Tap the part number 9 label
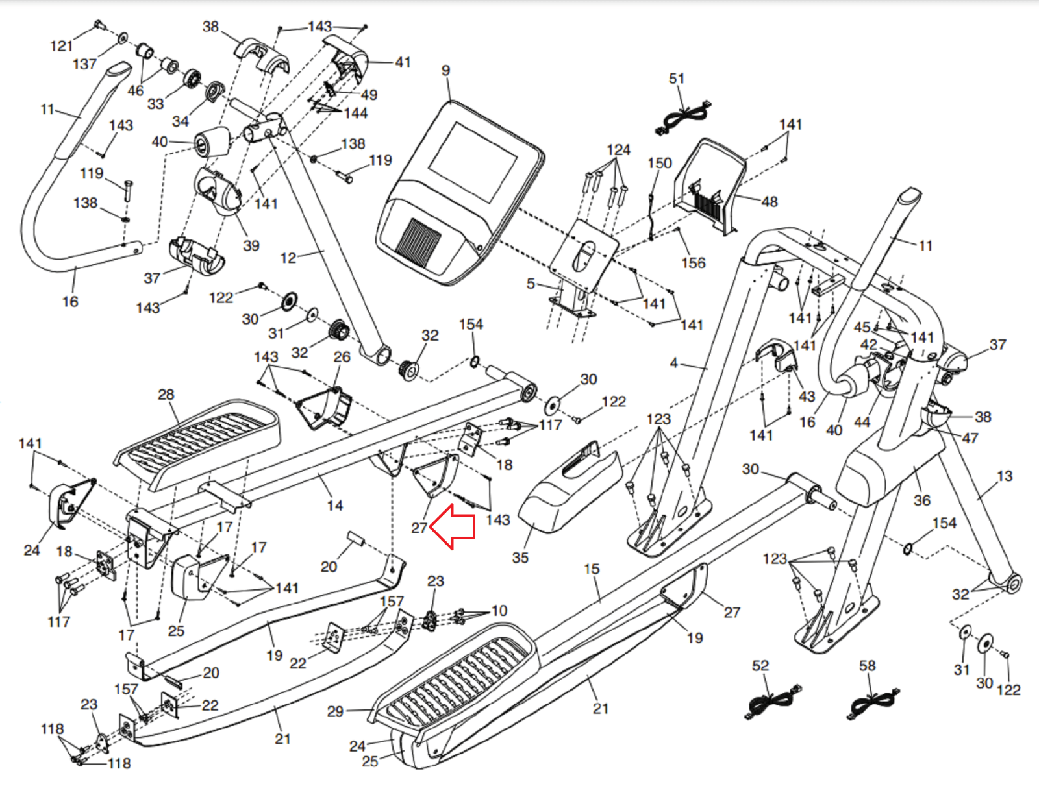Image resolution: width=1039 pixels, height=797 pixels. coord(445,70)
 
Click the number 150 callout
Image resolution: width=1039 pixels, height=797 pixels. coord(659,163)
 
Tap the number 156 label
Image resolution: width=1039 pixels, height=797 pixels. coord(693,263)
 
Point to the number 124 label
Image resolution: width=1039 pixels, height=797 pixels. coord(618,150)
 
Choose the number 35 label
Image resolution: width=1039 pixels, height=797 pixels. coord(520,558)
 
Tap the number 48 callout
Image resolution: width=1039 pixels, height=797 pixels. coord(770,202)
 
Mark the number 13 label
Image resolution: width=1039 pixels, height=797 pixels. coord(1004,476)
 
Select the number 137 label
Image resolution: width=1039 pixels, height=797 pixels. coord(84,64)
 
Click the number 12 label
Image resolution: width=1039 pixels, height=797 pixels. coord(288,258)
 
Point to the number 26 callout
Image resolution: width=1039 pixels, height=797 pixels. coord(342,357)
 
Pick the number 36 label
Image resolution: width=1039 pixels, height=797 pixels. coord(922,500)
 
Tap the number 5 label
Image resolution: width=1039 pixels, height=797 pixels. coord(531,284)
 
